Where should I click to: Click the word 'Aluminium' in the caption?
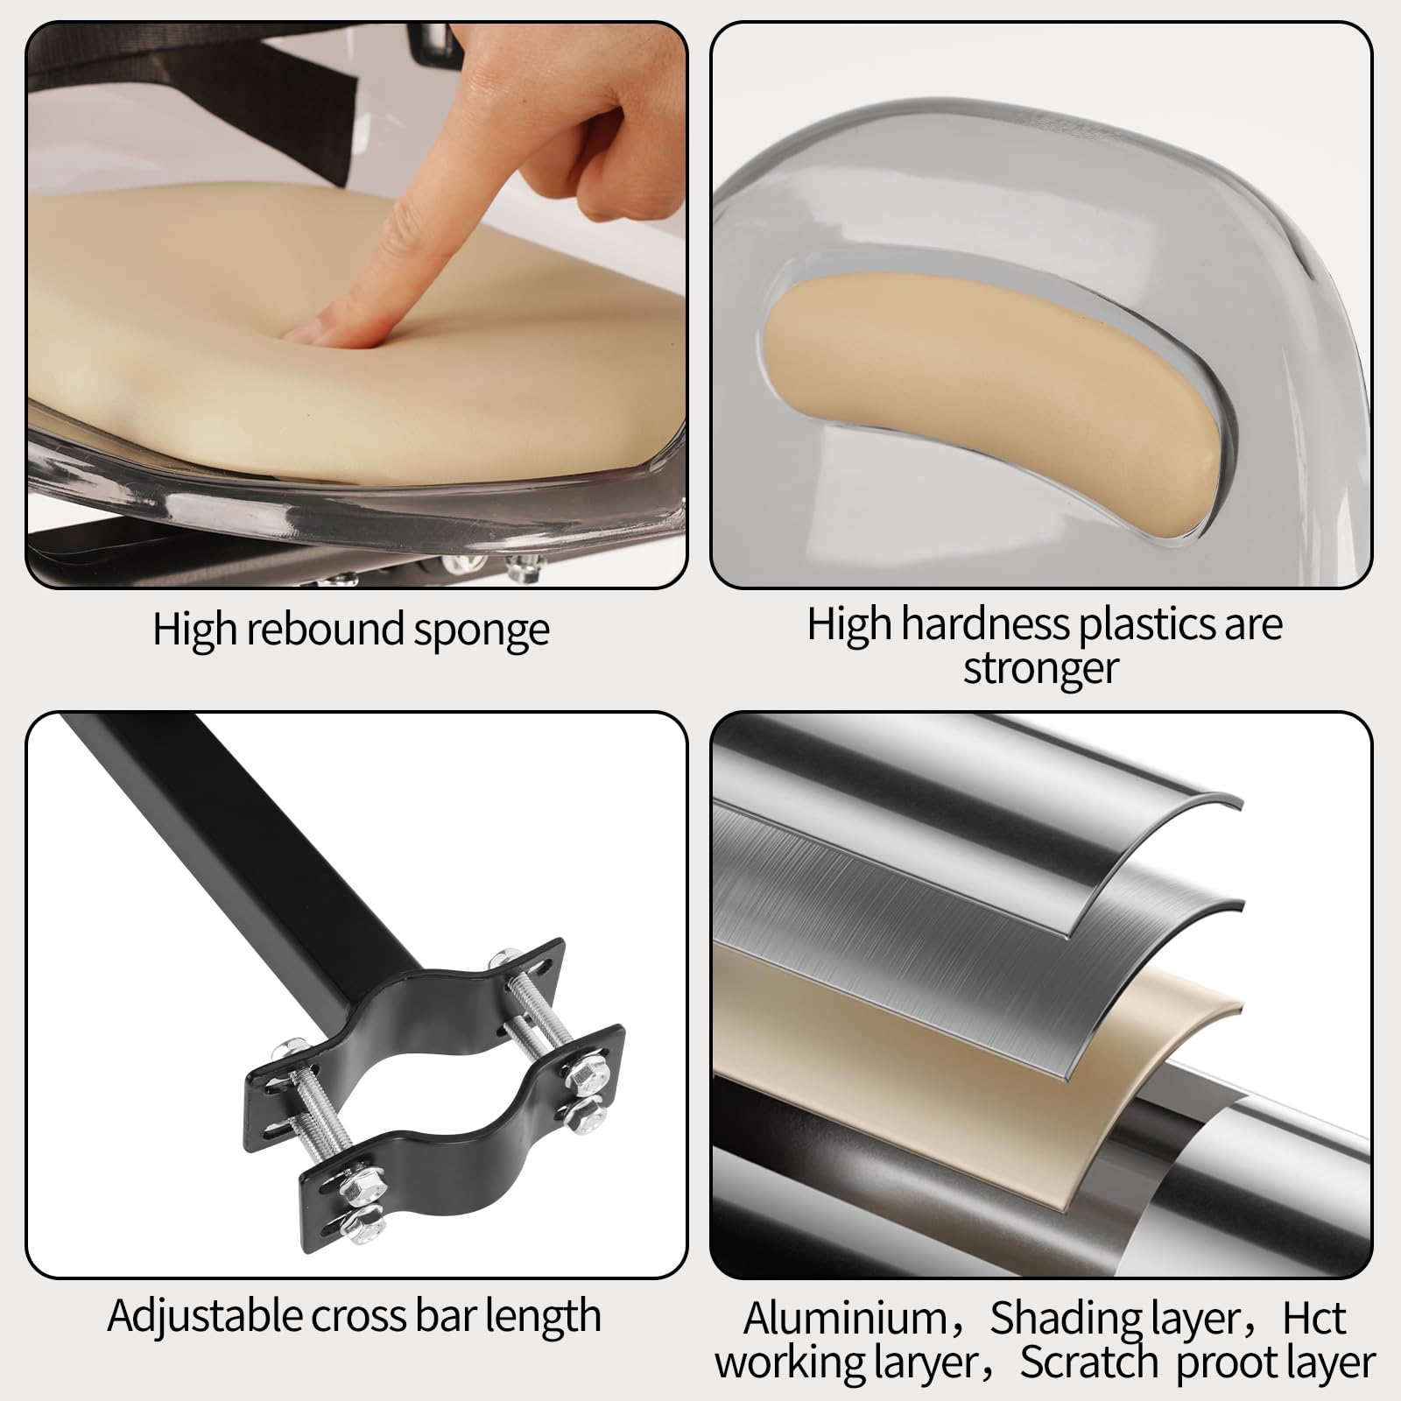845,1319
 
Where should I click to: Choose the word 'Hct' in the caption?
1313,1319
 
